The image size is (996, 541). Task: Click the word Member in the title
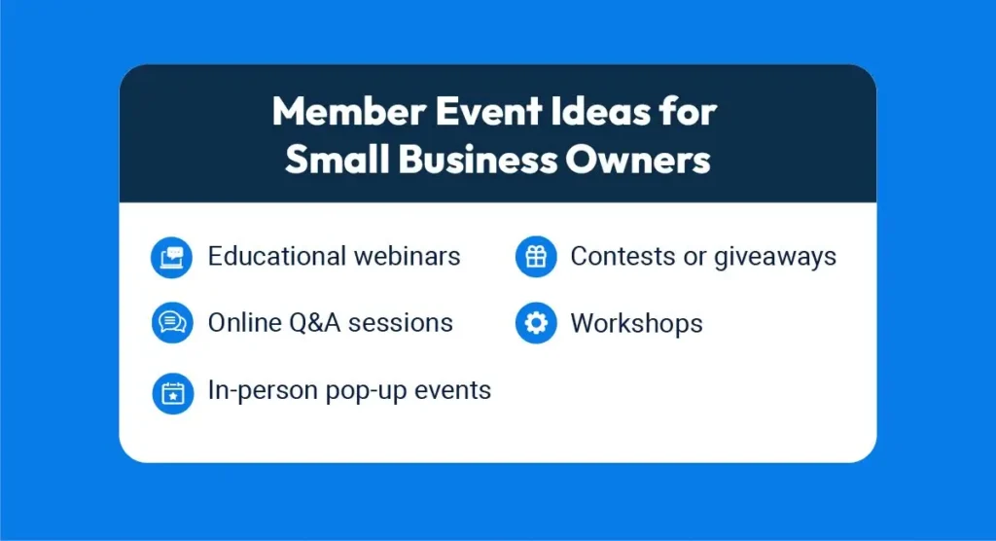tap(349, 111)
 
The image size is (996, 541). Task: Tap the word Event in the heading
tap(488, 111)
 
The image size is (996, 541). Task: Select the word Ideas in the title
tap(601, 111)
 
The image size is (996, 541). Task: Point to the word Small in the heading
tap(337, 159)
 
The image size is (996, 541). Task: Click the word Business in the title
tap(478, 159)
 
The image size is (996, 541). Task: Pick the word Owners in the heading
tap(638, 159)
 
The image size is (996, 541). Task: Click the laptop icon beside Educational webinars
tap(171, 258)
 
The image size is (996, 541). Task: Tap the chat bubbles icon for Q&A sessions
tap(172, 323)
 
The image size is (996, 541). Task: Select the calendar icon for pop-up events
tap(173, 393)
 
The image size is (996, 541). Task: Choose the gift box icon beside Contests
tap(536, 257)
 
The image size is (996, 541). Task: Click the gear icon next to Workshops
tap(536, 323)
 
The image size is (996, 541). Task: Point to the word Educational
tap(276, 256)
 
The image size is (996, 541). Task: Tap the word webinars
tap(408, 256)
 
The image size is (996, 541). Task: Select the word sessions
tap(401, 323)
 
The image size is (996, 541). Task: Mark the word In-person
tap(263, 390)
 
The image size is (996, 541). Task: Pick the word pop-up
tap(366, 391)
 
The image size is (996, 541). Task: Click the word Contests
tap(622, 256)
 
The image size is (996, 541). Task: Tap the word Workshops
tap(636, 323)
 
